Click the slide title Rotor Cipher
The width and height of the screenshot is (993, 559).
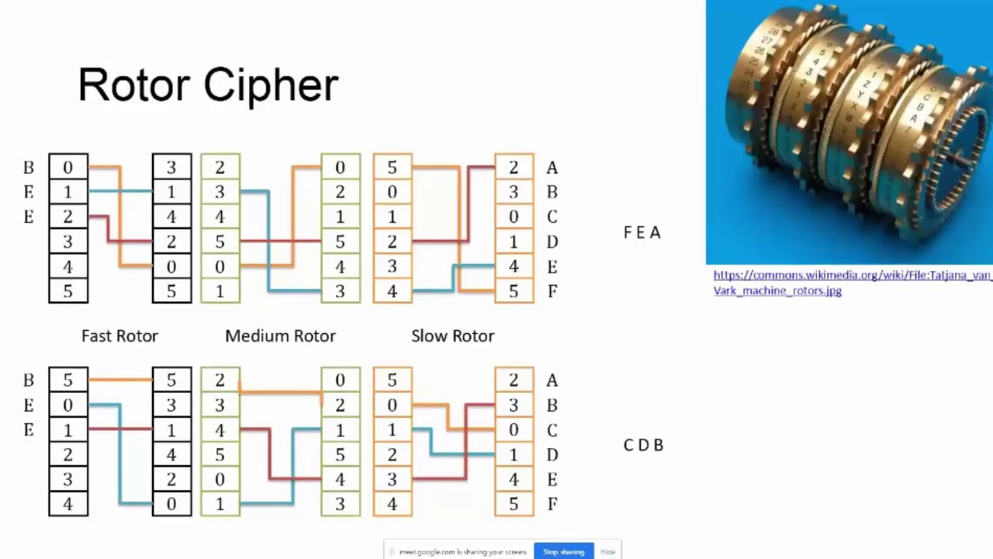208,85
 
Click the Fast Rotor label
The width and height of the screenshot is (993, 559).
119,336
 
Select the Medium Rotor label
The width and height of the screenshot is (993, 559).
280,336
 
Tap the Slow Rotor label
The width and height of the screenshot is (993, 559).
452,336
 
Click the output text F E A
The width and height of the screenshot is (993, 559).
642,233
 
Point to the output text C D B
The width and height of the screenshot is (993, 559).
643,446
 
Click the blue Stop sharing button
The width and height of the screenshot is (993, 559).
563,551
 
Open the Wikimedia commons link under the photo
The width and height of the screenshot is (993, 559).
852,283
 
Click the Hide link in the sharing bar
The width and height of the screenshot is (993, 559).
607,551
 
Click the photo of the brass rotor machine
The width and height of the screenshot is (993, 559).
849,132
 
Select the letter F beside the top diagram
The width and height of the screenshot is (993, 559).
552,292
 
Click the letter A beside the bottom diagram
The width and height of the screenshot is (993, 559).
552,380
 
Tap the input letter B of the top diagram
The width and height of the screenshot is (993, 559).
29,168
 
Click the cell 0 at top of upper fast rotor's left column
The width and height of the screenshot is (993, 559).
68,168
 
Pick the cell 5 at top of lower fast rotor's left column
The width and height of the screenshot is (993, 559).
68,380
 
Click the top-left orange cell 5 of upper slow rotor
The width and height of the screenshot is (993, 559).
392,168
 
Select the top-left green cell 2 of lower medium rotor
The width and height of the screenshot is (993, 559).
220,380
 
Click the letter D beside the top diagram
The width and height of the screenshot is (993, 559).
552,242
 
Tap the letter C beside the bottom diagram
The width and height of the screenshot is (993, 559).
552,430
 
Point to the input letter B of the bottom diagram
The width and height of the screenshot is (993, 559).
29,380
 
